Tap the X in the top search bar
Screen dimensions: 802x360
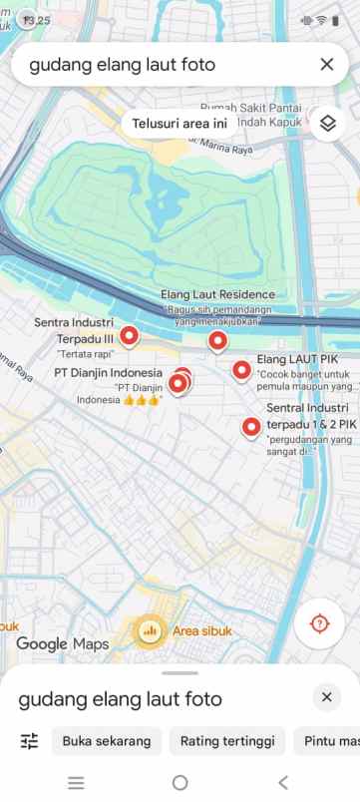tap(326, 65)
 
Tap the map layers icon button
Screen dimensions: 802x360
tap(326, 124)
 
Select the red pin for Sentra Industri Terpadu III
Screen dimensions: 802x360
tap(129, 335)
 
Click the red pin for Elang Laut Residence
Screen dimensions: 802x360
tap(217, 341)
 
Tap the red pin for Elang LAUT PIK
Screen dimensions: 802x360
tap(241, 370)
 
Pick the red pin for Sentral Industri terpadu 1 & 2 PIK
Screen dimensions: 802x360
tap(251, 427)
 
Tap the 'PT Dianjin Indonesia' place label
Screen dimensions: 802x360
tap(108, 374)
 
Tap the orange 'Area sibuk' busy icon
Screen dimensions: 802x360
tap(151, 630)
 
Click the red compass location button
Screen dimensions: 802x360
tap(319, 623)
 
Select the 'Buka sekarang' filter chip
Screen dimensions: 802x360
tap(107, 741)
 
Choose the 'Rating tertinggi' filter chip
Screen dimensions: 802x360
tap(226, 741)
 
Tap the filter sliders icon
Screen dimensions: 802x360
tap(29, 741)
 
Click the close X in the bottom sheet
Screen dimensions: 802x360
tap(326, 697)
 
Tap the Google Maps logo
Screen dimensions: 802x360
tap(63, 644)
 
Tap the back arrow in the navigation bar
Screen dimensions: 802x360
tap(283, 783)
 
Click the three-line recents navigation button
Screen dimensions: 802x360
tap(76, 783)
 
